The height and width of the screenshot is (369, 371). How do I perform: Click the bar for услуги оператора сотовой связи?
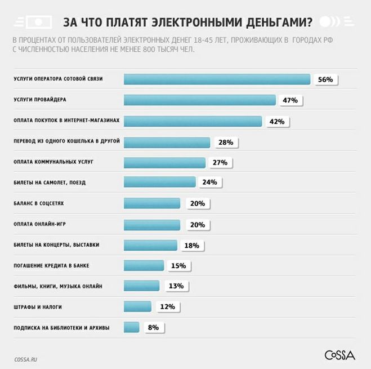[x=217, y=79]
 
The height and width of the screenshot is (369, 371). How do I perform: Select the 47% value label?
[x=290, y=100]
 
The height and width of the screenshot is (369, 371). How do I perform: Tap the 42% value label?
[x=276, y=121]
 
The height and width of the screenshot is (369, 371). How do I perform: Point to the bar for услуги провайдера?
[x=199, y=100]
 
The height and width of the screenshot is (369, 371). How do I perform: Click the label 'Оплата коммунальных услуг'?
[x=53, y=162]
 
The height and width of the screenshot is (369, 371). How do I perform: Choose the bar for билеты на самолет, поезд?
[x=159, y=183]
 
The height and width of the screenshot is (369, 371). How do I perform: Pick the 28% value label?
[x=225, y=143]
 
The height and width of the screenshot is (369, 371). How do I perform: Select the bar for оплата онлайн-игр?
[x=151, y=224]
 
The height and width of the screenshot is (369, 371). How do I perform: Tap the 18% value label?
[x=191, y=246]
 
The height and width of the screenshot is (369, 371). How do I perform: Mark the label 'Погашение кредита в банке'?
[x=51, y=265]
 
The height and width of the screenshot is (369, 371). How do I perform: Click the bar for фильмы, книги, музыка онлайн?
[x=141, y=286]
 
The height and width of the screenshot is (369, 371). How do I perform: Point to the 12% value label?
[x=168, y=307]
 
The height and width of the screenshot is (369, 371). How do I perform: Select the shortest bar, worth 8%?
[x=131, y=327]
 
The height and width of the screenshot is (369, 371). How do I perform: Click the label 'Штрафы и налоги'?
[x=37, y=307]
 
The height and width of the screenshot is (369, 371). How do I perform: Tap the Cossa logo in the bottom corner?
[x=339, y=355]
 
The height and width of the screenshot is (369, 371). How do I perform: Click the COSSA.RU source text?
[x=26, y=359]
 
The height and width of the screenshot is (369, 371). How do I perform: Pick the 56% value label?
[x=325, y=79]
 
